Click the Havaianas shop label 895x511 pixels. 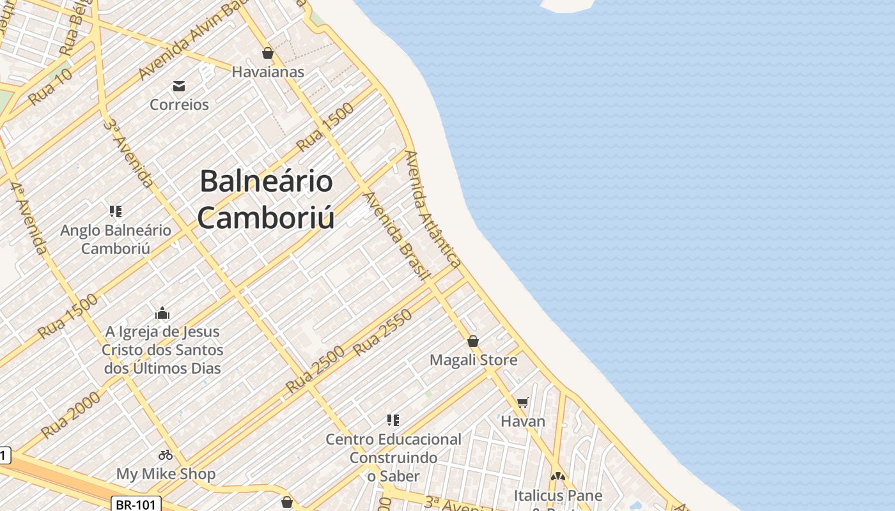[268, 72]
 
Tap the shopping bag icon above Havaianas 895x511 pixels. [268, 53]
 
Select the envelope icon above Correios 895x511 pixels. [179, 86]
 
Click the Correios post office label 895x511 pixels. [179, 104]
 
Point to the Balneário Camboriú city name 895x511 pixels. [266, 199]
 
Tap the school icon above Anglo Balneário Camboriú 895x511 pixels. [116, 211]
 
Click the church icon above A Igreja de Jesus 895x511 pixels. [162, 313]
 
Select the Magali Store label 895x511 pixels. [473, 360]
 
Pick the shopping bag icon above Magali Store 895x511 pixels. [473, 341]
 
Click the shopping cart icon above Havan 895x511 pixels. [523, 402]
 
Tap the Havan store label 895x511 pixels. [523, 422]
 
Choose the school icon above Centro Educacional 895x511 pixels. [393, 420]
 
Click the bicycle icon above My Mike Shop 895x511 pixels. [166, 455]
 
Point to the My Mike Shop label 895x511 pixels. [166, 474]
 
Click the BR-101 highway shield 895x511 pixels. [136, 505]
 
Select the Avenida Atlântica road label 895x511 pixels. [433, 209]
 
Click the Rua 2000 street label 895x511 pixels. [71, 415]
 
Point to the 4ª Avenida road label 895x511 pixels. [29, 218]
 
